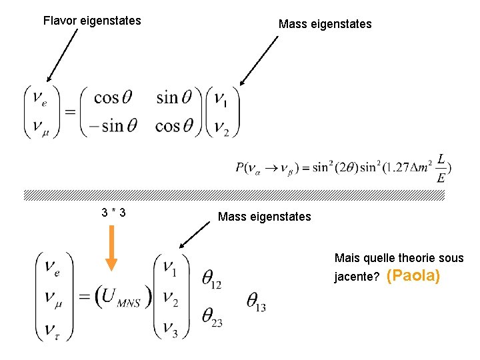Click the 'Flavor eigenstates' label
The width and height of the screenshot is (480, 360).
click(x=92, y=21)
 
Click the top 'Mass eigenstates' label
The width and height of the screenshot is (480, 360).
click(x=325, y=25)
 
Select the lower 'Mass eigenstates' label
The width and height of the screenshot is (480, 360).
click(x=264, y=217)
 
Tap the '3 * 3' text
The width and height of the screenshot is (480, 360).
click(x=114, y=213)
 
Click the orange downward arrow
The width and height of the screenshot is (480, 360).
click(x=111, y=247)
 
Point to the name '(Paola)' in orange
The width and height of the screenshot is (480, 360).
click(x=413, y=276)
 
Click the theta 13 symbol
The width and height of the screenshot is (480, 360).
click(x=256, y=302)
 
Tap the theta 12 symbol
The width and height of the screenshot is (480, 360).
click(x=211, y=280)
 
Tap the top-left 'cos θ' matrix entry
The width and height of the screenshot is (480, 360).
click(x=113, y=98)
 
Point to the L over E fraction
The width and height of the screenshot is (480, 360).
click(x=441, y=169)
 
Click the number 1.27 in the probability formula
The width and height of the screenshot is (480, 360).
click(x=393, y=169)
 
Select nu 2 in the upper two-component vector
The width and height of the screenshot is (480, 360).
click(x=221, y=127)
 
